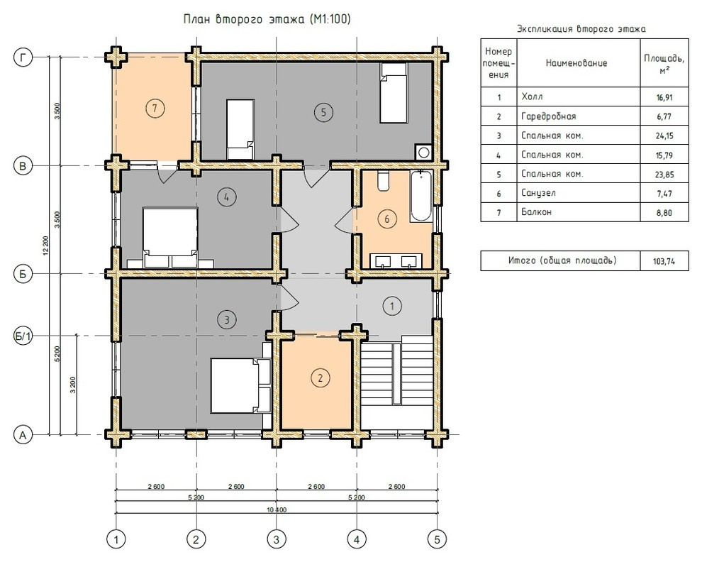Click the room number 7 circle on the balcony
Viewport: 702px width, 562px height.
[x=155, y=108]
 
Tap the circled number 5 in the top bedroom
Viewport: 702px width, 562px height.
[x=323, y=111]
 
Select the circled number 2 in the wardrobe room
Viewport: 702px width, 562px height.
[x=320, y=378]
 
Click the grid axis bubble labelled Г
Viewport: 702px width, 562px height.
[x=23, y=57]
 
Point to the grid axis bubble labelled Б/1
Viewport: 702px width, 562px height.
[x=23, y=336]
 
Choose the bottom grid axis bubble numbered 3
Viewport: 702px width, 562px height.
[x=277, y=539]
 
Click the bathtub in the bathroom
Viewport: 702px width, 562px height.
[x=420, y=196]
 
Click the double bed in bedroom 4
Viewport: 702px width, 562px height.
[x=170, y=238]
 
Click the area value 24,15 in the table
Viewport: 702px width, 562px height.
[x=664, y=136]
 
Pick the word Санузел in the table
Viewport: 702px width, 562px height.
[x=538, y=193]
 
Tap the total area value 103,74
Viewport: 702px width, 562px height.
[x=664, y=262]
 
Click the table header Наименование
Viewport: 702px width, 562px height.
[x=576, y=63]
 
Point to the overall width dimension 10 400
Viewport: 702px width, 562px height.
[x=277, y=509]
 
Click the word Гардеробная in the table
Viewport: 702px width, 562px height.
[x=548, y=116]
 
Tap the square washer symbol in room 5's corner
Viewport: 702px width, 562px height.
[x=423, y=153]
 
